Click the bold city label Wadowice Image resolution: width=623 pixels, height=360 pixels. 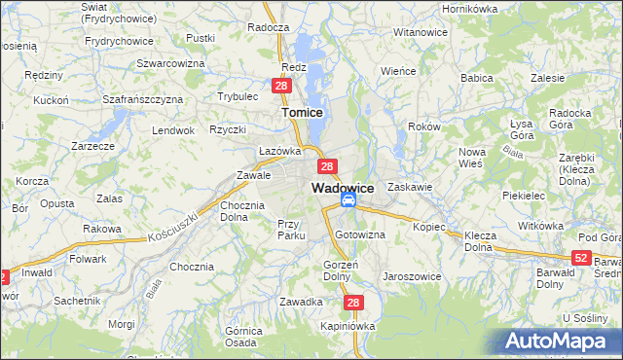[343, 187]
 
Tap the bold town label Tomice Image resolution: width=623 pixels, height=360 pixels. [302, 113]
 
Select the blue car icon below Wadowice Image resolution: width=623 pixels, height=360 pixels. [348, 201]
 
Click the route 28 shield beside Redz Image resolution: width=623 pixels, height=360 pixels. [280, 87]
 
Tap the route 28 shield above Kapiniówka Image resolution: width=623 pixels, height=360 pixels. [353, 304]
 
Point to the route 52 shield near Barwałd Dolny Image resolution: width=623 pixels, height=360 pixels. [581, 257]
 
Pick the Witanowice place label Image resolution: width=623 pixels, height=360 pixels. [420, 32]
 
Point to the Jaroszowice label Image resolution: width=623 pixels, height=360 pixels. [413, 276]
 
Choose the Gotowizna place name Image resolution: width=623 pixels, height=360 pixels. [360, 235]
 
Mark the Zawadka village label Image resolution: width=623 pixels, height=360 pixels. [301, 302]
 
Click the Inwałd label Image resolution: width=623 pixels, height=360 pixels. [36, 272]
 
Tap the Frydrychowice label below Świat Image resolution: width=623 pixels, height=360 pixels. [119, 41]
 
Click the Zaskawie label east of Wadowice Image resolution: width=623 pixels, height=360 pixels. [409, 186]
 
